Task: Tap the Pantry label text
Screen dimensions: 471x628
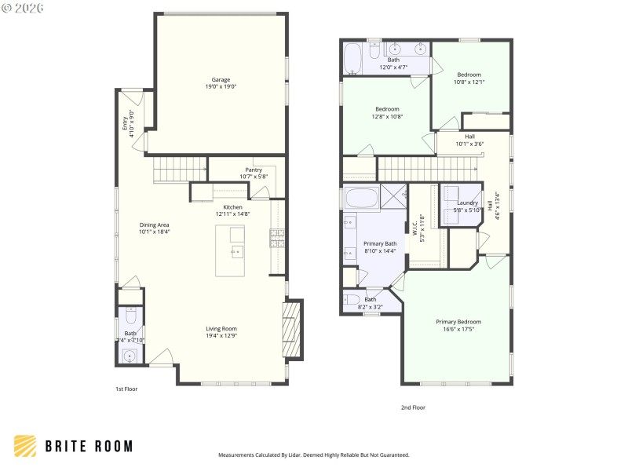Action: tap(254, 170)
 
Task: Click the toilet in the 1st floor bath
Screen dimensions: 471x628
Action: tap(130, 316)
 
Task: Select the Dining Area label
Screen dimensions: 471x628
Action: tap(154, 225)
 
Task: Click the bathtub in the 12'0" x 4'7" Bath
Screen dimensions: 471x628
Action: tap(352, 57)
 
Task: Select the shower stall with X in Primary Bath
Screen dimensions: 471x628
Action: tap(392, 198)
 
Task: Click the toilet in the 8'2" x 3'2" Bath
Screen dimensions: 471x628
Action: tap(353, 299)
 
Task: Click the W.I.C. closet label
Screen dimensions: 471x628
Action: tap(415, 228)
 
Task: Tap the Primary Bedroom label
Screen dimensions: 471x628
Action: tap(458, 321)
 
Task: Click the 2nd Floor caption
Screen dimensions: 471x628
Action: tap(413, 407)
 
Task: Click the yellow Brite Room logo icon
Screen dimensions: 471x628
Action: tap(25, 446)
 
